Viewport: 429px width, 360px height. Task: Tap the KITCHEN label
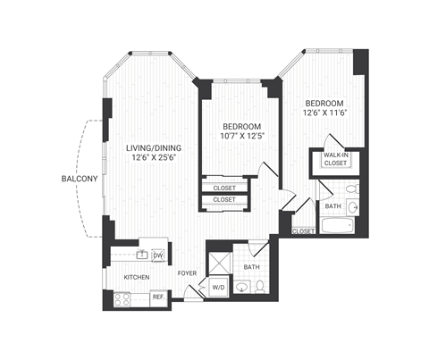point(137,278)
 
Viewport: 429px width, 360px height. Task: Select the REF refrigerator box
point(157,296)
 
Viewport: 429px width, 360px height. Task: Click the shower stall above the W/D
point(219,263)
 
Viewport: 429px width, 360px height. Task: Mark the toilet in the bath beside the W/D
point(260,287)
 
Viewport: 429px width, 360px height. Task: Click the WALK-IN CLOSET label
point(335,160)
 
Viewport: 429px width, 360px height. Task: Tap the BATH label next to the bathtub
point(332,205)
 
